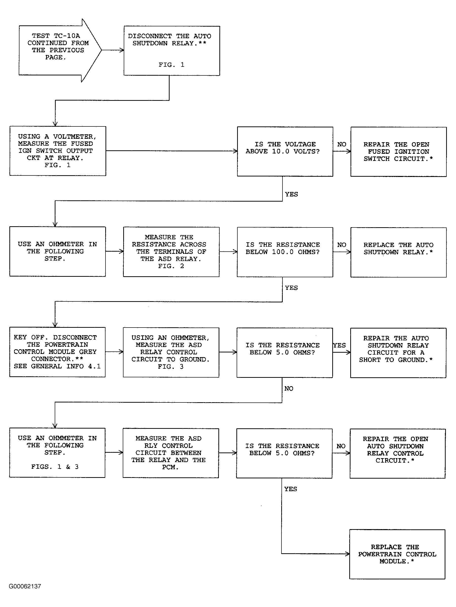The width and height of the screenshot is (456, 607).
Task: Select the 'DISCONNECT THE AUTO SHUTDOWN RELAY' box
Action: pyautogui.click(x=172, y=51)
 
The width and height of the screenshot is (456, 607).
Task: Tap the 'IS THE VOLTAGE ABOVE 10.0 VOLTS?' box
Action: pyautogui.click(x=285, y=152)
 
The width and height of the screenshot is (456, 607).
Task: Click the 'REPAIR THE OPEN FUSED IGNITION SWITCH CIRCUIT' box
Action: pyautogui.click(x=398, y=152)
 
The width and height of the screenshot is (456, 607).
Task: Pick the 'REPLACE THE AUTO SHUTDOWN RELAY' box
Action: pyautogui.click(x=398, y=252)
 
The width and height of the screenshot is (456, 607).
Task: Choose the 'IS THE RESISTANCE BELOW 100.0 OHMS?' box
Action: pyautogui.click(x=285, y=252)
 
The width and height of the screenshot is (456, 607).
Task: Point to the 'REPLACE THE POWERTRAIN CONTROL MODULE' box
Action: pyautogui.click(x=397, y=554)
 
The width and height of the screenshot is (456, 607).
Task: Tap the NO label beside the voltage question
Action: pyautogui.click(x=342, y=144)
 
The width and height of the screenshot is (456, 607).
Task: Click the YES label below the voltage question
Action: pyautogui.click(x=291, y=194)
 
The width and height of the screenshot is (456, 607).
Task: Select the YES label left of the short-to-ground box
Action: pyautogui.click(x=340, y=345)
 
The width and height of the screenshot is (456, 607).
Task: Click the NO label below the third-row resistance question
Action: pyautogui.click(x=289, y=389)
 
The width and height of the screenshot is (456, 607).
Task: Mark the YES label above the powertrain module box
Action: pyautogui.click(x=290, y=489)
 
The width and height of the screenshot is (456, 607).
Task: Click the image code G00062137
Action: pyautogui.click(x=25, y=586)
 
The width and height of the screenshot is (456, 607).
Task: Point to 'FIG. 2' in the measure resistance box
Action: pyautogui.click(x=171, y=266)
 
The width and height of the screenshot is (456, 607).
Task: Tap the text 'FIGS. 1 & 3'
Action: pyautogui.click(x=55, y=467)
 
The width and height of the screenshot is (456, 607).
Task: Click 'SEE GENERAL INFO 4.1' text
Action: pyautogui.click(x=57, y=366)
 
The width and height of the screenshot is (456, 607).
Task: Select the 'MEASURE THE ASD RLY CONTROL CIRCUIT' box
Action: pyautogui.click(x=171, y=453)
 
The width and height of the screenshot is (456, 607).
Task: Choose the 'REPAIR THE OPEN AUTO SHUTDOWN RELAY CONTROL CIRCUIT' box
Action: pyautogui.click(x=398, y=453)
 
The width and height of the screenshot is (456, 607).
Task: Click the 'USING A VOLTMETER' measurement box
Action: pyautogui.click(x=58, y=151)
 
